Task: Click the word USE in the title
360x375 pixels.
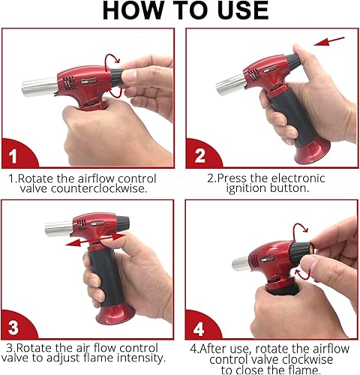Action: (x=235, y=10)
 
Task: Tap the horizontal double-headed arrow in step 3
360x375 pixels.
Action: (x=89, y=242)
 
